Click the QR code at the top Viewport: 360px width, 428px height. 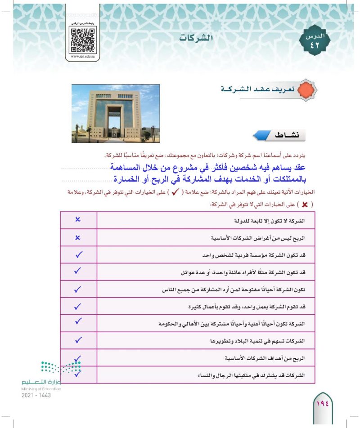point(83,40)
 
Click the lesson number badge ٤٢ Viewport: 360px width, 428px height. point(315,42)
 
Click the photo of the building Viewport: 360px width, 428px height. point(116,113)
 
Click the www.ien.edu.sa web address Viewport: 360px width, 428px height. point(83,58)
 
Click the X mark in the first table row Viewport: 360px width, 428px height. point(78,220)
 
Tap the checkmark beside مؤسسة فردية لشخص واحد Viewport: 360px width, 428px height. point(78,254)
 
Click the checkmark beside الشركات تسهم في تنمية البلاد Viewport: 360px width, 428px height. point(78,340)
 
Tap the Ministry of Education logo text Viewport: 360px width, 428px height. point(40,383)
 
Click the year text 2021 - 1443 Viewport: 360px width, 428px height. point(36,395)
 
